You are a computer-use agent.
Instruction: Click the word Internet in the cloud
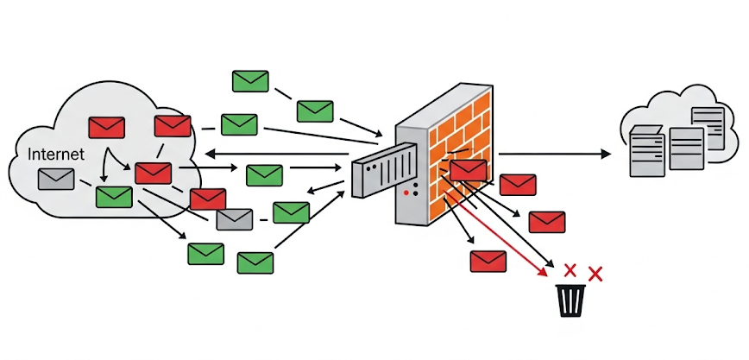pos(57,155)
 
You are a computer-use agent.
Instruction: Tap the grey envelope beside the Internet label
pos(56,179)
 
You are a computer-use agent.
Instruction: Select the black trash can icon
pos(571,300)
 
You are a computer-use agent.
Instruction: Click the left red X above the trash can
pos(569,269)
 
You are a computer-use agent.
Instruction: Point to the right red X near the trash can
pos(595,274)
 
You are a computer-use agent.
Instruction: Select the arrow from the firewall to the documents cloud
pos(552,154)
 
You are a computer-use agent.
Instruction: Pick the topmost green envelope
pos(250,81)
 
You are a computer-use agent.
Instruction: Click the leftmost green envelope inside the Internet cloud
pos(114,196)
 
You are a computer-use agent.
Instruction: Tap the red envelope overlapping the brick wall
pos(468,170)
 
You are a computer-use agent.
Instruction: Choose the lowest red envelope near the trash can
pos(488,261)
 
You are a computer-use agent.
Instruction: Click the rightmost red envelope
pos(546,222)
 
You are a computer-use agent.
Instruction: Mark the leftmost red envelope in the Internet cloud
pos(107,127)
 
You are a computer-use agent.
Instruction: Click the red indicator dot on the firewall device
pos(406,192)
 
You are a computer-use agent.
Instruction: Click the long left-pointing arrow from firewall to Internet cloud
pos(276,154)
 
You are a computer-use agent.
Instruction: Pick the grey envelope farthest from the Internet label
pos(234,219)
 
